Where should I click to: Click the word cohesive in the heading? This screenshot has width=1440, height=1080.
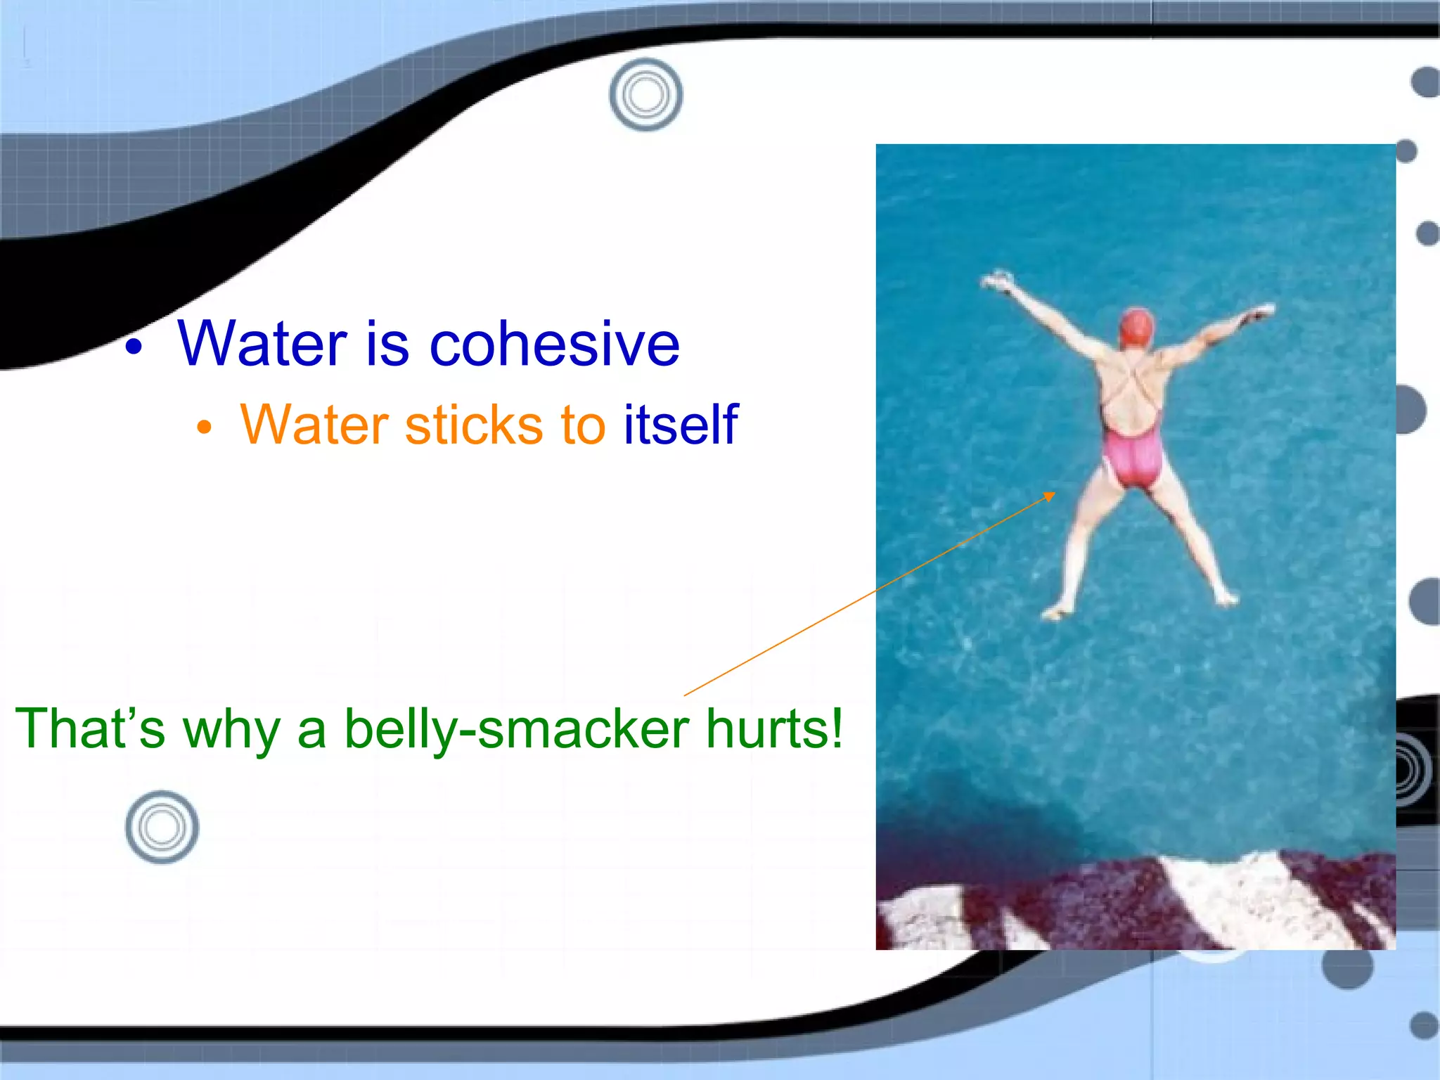pyautogui.click(x=555, y=344)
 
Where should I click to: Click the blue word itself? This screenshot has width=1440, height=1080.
pyautogui.click(x=681, y=425)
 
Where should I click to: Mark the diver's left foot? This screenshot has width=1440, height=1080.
pyautogui.click(x=1055, y=612)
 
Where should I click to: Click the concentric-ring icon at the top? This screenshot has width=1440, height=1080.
pyautogui.click(x=645, y=95)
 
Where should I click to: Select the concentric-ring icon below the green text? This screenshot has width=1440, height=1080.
pyautogui.click(x=162, y=828)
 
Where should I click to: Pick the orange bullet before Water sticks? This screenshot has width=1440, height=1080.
pyautogui.click(x=204, y=427)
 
